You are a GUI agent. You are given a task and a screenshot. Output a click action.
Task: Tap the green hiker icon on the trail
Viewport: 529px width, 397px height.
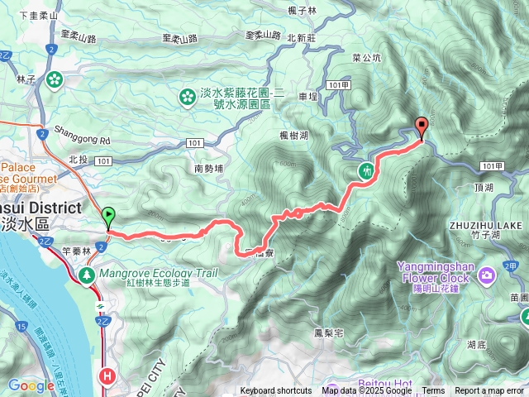pyautogui.click(x=365, y=171)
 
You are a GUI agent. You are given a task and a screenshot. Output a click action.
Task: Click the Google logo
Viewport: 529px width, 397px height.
pyautogui.click(x=31, y=385)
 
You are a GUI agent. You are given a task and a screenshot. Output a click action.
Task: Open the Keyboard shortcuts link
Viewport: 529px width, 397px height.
pyautogui.click(x=276, y=391)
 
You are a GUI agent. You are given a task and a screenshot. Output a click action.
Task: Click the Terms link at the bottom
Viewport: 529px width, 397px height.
pyautogui.click(x=433, y=391)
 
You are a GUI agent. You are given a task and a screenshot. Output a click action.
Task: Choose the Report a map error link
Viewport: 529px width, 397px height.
pyautogui.click(x=489, y=391)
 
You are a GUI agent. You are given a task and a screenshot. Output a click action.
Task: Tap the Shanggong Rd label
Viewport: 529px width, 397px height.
pyautogui.click(x=82, y=141)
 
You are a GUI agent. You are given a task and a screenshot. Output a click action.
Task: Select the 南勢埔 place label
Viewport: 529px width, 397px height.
pyautogui.click(x=210, y=168)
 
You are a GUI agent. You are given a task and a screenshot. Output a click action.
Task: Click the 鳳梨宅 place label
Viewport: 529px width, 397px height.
pyautogui.click(x=305, y=333)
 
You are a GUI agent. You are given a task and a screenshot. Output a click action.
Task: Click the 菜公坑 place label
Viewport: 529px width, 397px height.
pyautogui.click(x=366, y=58)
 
